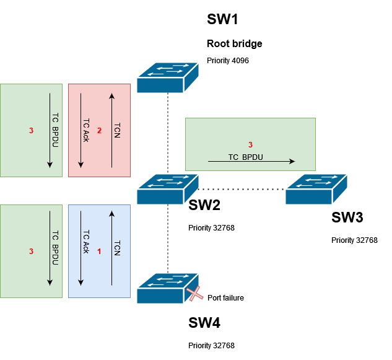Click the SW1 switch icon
coord(167,77)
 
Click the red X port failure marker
coord(196,294)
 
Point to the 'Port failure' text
coord(225,298)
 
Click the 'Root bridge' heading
coord(234,44)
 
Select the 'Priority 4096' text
coord(227,61)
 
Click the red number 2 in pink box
coord(98,130)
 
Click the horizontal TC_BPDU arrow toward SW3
coord(251,161)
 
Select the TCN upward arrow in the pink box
coord(112,130)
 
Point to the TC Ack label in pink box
coord(86,130)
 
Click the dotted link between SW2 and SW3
coord(242,188)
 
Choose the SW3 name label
coord(347,217)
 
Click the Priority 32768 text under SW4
coord(211,346)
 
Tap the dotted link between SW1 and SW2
coord(168,133)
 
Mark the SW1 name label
coord(222,19)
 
